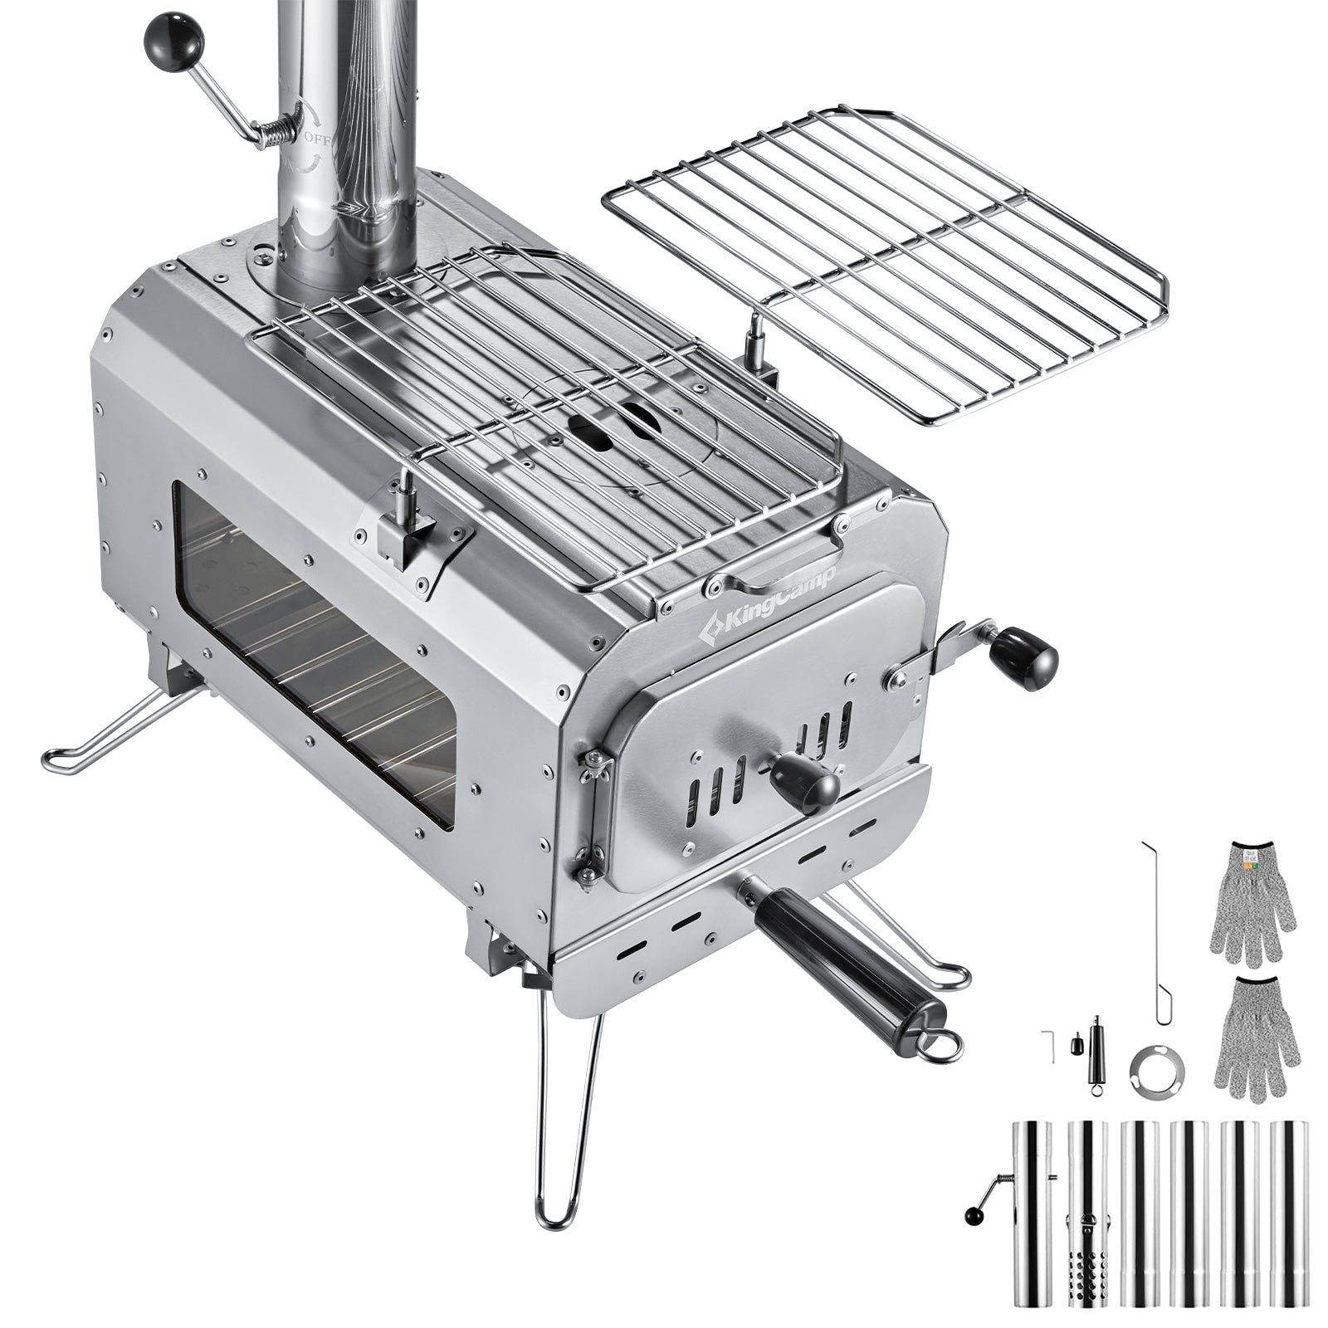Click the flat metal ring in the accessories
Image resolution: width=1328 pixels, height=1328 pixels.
pos(1156,1071)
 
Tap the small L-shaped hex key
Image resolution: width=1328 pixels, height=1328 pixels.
pos(1047,1045)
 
